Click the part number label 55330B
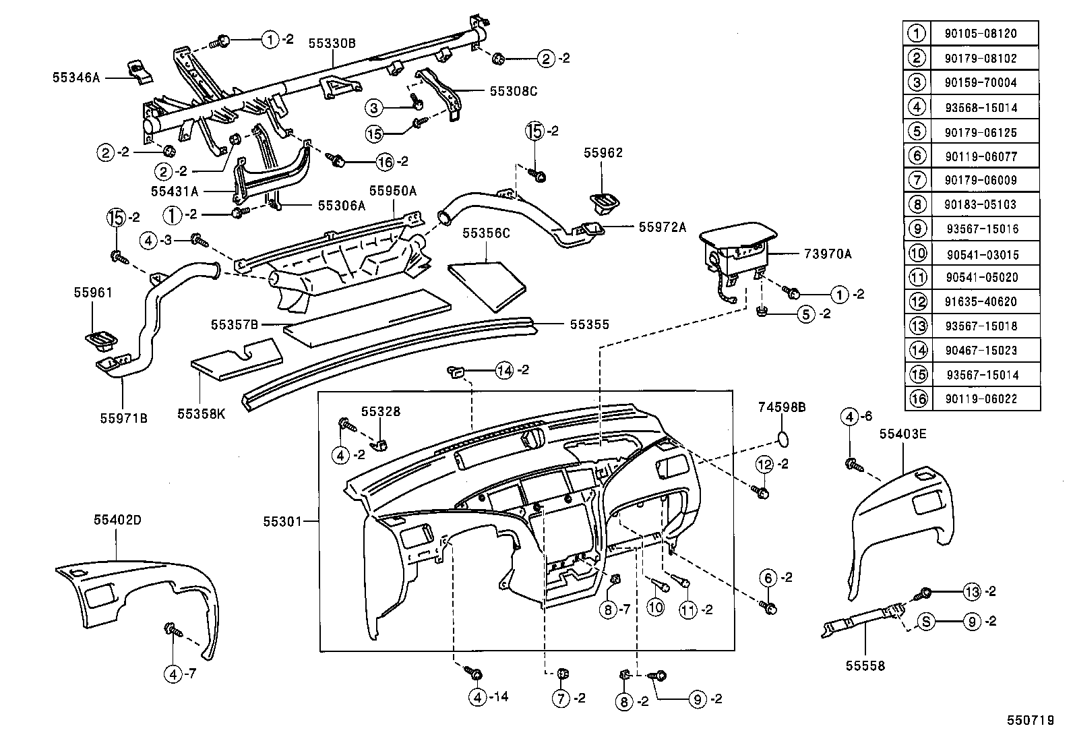332,43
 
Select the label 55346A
75,78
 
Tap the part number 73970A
828,254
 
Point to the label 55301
282,521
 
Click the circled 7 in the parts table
917,180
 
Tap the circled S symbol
927,622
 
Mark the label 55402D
117,521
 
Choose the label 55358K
202,413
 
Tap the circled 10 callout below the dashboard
655,607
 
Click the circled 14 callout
504,369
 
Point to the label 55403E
902,434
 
